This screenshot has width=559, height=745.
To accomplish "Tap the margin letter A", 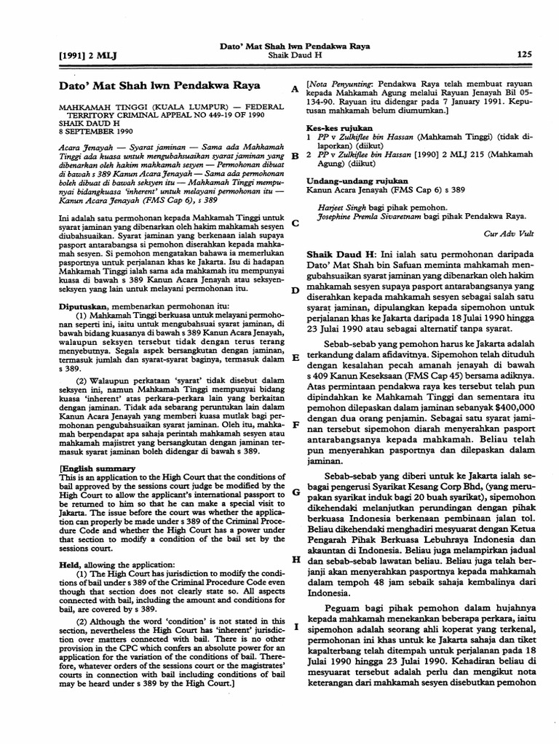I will tap(295, 89).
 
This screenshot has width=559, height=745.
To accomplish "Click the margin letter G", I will tap(296, 492).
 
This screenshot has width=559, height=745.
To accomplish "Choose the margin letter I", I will tap(296, 626).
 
